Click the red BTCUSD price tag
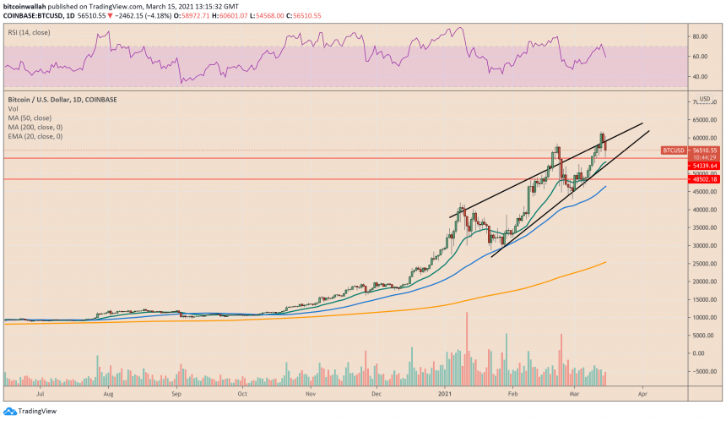coord(673,150)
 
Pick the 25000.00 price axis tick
coord(702,264)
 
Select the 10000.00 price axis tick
coord(702,317)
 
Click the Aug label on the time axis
coord(108,394)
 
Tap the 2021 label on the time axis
coord(447,394)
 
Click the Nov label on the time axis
coord(311,394)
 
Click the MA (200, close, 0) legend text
coord(36,127)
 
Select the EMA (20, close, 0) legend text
coord(37,136)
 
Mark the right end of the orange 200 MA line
coord(607,262)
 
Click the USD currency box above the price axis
coord(703,99)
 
